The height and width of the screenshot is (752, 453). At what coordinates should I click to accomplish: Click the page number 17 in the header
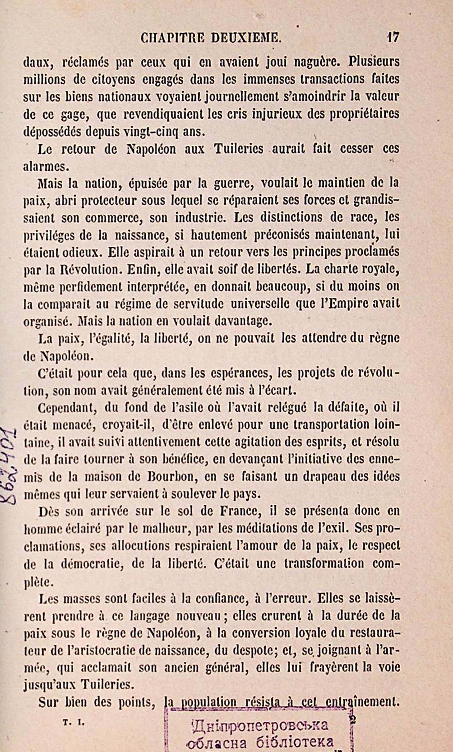[x=393, y=37]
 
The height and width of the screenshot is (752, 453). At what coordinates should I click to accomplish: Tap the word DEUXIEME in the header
[x=246, y=38]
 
